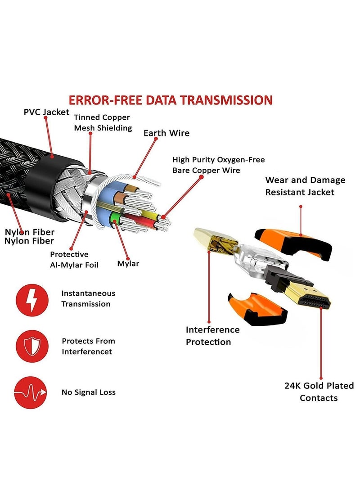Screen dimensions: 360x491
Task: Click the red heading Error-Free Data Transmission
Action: point(171,100)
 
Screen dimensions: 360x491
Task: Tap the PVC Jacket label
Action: point(46,112)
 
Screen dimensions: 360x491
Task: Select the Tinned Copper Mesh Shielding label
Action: point(103,122)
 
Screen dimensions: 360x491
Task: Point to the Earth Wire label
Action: point(166,133)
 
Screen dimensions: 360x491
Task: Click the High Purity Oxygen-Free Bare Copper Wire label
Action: point(219,165)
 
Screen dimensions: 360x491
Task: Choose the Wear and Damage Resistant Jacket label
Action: point(305,186)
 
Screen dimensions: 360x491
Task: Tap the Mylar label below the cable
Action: point(128,264)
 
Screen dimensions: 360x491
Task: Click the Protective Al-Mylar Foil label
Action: point(74,260)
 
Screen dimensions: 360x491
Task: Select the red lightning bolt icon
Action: point(32,300)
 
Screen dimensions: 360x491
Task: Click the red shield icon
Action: point(32,347)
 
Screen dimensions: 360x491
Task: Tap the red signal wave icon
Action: point(30,393)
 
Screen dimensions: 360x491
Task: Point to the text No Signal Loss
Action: point(89,392)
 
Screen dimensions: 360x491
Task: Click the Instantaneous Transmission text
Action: point(88,299)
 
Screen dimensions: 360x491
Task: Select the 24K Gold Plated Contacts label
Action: point(319,392)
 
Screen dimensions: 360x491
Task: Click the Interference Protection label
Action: point(212,336)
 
